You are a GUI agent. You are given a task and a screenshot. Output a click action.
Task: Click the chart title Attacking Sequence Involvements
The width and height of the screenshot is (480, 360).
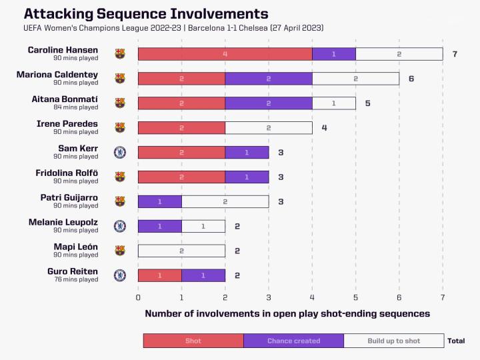tap(146, 13)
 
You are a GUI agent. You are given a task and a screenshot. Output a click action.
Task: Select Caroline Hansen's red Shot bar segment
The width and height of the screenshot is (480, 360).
tap(225, 54)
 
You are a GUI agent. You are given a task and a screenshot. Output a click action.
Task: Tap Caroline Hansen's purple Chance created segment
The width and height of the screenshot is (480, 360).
tap(333, 54)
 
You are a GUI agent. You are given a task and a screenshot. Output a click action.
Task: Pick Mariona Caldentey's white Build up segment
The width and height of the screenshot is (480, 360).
tap(355, 79)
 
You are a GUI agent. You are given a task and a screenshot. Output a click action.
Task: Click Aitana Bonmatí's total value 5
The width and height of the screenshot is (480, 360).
tap(367, 103)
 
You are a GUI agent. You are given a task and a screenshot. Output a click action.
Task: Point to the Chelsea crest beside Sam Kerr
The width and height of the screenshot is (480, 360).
tap(120, 153)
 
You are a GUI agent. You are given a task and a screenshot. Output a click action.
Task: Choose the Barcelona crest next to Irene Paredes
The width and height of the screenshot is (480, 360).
tap(120, 127)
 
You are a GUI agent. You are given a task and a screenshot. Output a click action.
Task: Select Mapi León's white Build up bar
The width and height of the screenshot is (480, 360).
tap(181, 251)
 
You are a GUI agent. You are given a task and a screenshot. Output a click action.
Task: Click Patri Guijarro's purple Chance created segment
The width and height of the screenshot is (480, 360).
tap(159, 201)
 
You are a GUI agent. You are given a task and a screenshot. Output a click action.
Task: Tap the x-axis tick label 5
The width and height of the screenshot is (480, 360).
tap(355, 297)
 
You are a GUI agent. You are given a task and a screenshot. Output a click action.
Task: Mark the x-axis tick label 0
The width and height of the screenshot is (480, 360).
tap(138, 297)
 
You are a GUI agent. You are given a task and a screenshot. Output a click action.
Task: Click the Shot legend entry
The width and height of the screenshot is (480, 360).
tap(193, 341)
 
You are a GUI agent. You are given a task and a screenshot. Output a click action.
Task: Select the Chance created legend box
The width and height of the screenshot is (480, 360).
tap(293, 341)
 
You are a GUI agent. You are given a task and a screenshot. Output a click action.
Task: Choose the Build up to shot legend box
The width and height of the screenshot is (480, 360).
tap(393, 341)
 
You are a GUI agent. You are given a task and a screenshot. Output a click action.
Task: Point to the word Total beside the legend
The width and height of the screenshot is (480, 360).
tap(456, 341)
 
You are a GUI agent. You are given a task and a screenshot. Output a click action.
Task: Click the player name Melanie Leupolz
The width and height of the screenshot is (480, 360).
tap(63, 222)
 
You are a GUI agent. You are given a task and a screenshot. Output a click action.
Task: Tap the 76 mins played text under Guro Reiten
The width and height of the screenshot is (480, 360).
tap(76, 279)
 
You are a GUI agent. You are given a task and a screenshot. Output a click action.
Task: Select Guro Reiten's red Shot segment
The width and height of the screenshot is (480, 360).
tap(159, 275)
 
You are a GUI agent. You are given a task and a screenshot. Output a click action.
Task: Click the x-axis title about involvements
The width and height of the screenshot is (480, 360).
tap(287, 313)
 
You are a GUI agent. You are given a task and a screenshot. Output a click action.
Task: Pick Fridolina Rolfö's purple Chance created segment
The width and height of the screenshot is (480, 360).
tap(247, 177)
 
